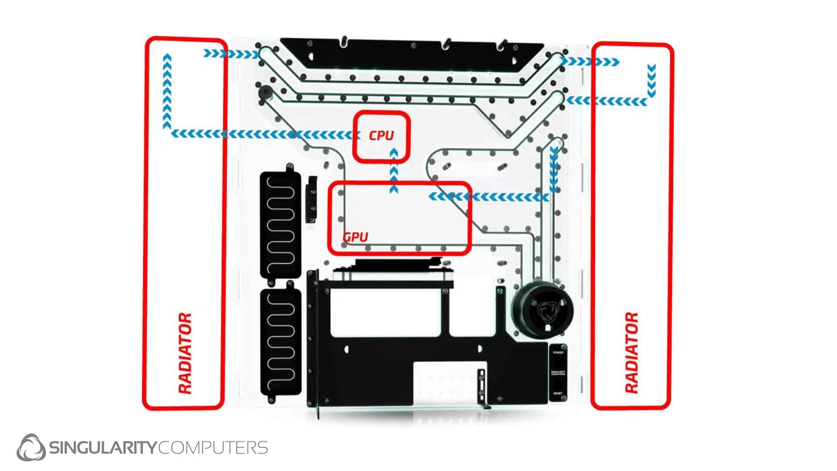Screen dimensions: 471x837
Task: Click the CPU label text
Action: coord(381,136)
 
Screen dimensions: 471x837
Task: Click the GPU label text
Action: coord(355,237)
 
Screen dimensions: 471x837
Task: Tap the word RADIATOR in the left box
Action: coord(185,353)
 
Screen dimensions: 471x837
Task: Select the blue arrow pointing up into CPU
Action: coord(394,170)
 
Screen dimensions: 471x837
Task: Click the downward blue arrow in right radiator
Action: coord(651,81)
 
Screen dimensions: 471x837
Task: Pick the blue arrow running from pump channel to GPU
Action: coord(488,197)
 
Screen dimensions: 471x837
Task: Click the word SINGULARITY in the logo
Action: coord(103,448)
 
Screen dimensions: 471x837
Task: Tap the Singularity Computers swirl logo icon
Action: coord(31,447)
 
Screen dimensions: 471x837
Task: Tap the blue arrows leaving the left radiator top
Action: coord(231,54)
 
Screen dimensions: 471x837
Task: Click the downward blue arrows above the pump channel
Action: coord(554,170)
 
